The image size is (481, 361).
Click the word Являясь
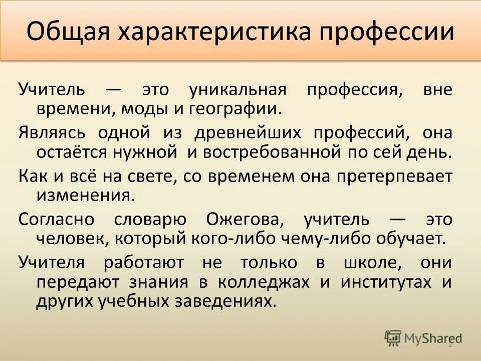click(52, 133)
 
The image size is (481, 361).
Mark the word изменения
click(85, 195)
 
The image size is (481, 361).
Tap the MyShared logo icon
click(393, 338)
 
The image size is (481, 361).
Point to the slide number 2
click(449, 344)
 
